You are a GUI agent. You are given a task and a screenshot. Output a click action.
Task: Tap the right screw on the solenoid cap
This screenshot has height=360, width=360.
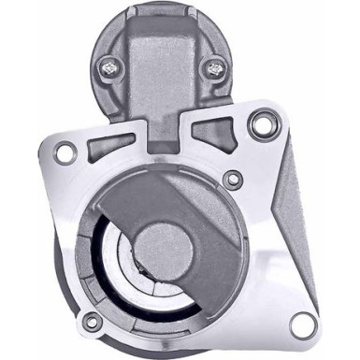click(x=217, y=67)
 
